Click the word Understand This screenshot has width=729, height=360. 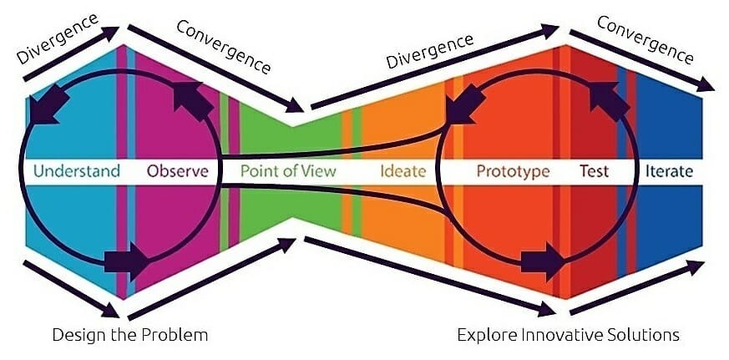tap(77, 171)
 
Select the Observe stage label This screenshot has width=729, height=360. tap(178, 171)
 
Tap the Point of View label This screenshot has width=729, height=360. tap(288, 171)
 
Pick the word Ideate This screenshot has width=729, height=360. tap(403, 171)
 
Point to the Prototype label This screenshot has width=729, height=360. tap(514, 171)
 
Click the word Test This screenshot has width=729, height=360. tap(594, 171)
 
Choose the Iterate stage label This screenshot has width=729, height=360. tap(669, 171)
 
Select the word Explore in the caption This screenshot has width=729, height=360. tap(487, 335)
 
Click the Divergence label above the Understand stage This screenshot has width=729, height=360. tap(57, 38)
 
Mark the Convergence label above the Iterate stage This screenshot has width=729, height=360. tap(645, 40)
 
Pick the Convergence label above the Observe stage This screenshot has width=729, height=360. tap(224, 47)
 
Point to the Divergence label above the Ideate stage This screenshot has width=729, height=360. tap(430, 52)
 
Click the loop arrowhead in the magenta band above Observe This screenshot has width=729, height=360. tap(192, 101)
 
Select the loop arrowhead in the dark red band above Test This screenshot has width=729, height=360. tap(609, 101)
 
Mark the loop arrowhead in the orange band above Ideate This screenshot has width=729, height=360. tap(466, 104)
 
